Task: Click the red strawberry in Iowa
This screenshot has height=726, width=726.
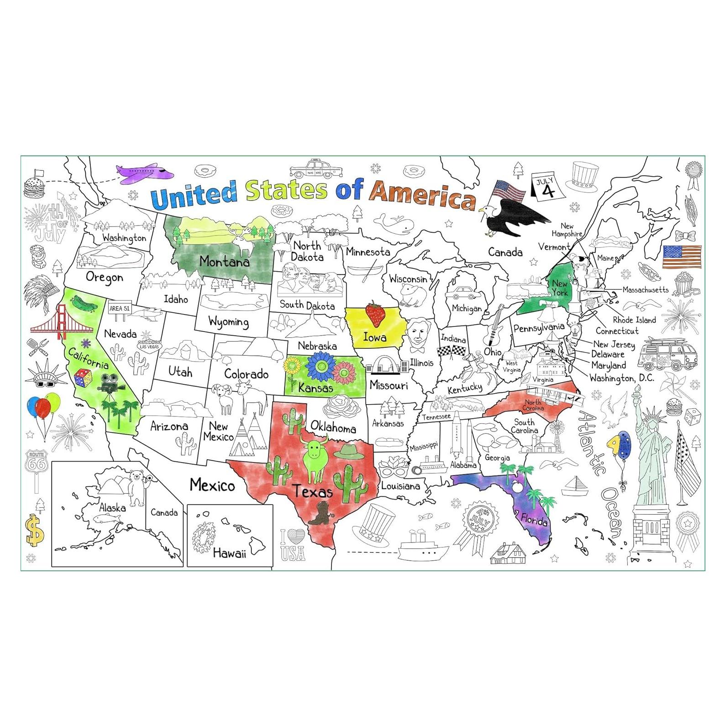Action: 375,314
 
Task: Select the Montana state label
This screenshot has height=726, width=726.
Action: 224,262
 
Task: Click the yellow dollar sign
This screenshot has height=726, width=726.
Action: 34,530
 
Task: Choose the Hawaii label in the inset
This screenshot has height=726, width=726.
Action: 229,553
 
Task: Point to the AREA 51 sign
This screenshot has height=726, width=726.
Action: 119,309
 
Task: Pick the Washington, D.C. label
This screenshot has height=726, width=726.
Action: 621,378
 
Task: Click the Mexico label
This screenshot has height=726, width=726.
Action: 212,485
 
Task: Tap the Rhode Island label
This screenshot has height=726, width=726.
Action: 634,320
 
